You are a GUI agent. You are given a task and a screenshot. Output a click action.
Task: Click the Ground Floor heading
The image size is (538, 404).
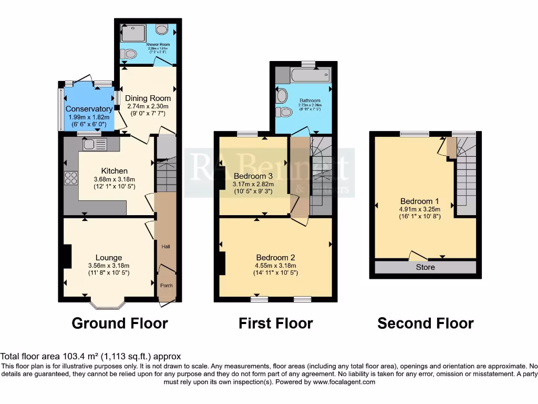coord(120,323)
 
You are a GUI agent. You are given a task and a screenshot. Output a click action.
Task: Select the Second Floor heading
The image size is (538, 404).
coord(426,323)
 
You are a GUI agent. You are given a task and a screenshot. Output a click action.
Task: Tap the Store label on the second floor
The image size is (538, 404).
coord(426,267)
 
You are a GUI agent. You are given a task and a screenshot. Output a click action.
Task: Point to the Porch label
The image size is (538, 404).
coord(167,286)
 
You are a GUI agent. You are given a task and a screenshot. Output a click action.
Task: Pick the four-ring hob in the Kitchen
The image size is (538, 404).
coord(71,178)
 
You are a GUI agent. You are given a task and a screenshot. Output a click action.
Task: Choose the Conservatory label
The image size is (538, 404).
coord(89,109)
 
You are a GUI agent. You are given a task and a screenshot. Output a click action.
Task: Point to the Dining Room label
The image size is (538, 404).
coord(148,98)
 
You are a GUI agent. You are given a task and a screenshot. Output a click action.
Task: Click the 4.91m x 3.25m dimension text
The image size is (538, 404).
coord(419,209)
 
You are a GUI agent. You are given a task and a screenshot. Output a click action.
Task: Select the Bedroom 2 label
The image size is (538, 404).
coord(275,257)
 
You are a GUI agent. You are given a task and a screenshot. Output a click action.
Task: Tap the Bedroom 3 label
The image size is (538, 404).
coord(253,176)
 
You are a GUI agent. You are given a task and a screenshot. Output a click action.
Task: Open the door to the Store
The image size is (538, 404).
coord(418,256)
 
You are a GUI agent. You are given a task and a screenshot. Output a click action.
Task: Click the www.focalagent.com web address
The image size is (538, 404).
coord(344,382)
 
